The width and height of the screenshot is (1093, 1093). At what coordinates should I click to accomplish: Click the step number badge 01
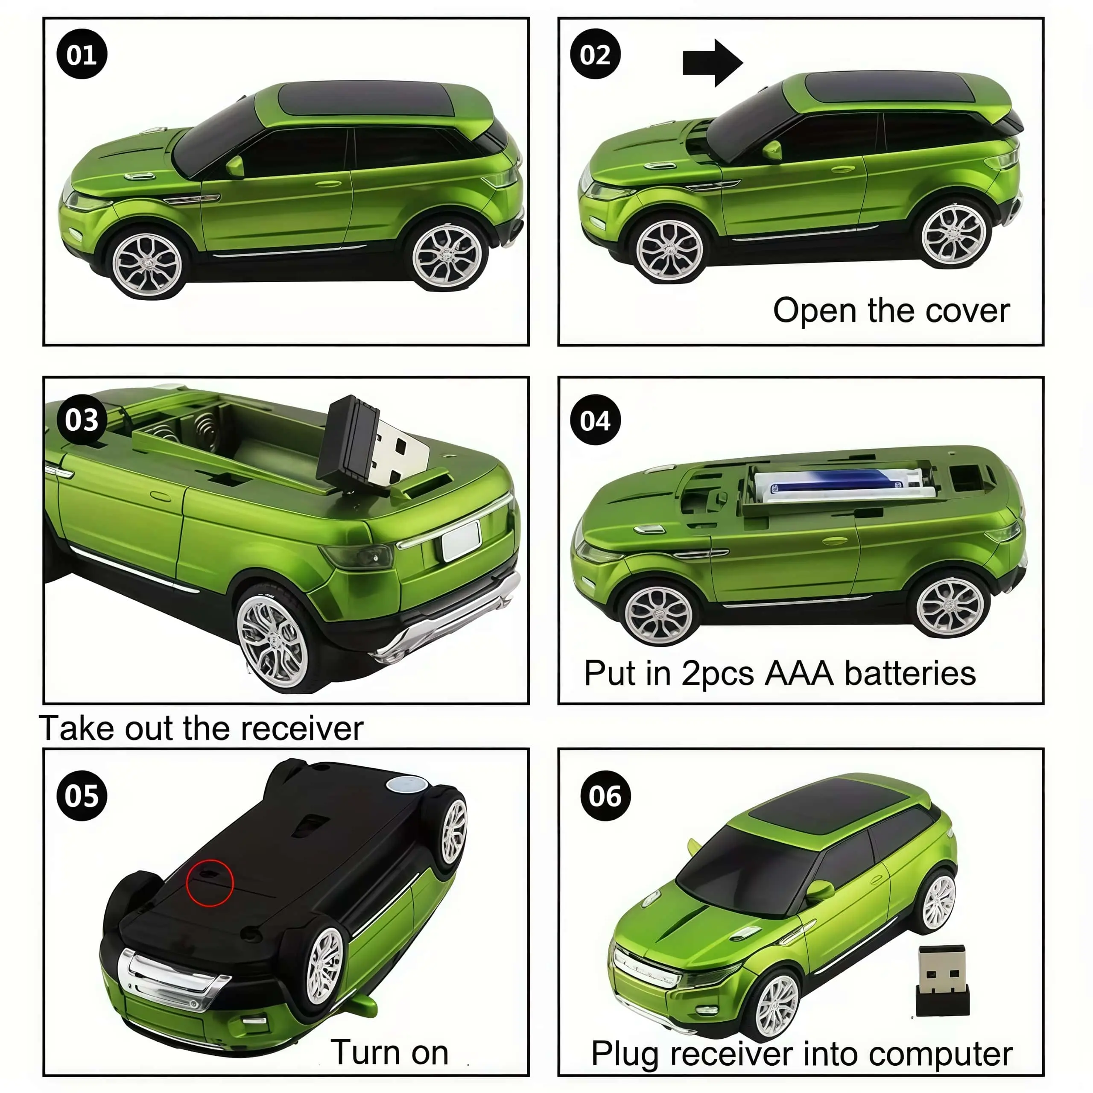(82, 54)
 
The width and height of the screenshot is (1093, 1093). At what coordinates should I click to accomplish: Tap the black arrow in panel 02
(713, 63)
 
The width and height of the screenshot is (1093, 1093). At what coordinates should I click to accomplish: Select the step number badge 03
(82, 420)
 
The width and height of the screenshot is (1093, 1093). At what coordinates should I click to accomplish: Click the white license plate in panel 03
(461, 541)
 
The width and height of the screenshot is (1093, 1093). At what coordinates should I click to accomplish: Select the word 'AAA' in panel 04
(799, 673)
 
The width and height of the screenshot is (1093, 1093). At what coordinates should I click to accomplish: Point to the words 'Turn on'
(389, 1052)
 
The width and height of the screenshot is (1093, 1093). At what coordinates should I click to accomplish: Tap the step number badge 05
(82, 795)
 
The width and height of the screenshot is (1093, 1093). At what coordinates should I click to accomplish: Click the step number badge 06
(605, 795)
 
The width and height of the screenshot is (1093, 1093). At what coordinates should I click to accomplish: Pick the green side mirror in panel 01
(235, 167)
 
